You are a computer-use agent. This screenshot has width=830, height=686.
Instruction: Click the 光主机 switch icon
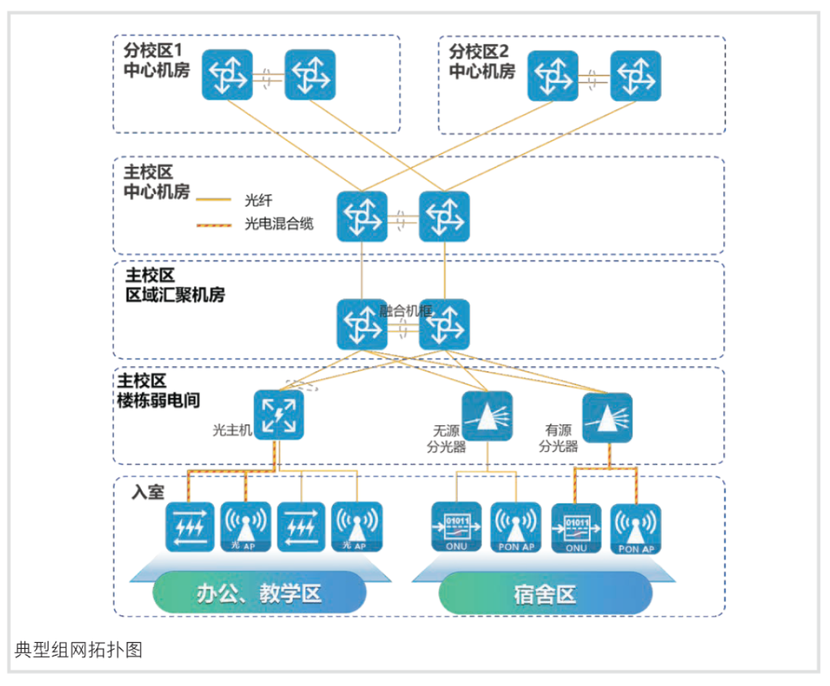pos(278,415)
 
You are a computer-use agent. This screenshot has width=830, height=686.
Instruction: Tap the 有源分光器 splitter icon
pos(607,417)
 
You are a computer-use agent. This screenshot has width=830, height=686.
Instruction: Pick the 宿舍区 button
pos(545,592)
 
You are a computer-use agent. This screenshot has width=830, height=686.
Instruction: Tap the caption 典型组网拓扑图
pos(78,650)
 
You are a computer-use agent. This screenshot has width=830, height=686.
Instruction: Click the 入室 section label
pos(147,492)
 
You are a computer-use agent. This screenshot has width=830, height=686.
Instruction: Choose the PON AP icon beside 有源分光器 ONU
pos(636,528)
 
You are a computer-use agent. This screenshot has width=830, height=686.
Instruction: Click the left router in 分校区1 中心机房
pos(227,74)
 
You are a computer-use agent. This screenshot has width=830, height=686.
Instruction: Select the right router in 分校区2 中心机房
pos(635,75)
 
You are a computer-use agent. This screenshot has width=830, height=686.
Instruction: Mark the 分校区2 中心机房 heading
pos(481,61)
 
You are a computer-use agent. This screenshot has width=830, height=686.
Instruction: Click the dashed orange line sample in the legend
pos(214,224)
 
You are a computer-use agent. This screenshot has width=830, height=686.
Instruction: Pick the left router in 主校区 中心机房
pos(362,216)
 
